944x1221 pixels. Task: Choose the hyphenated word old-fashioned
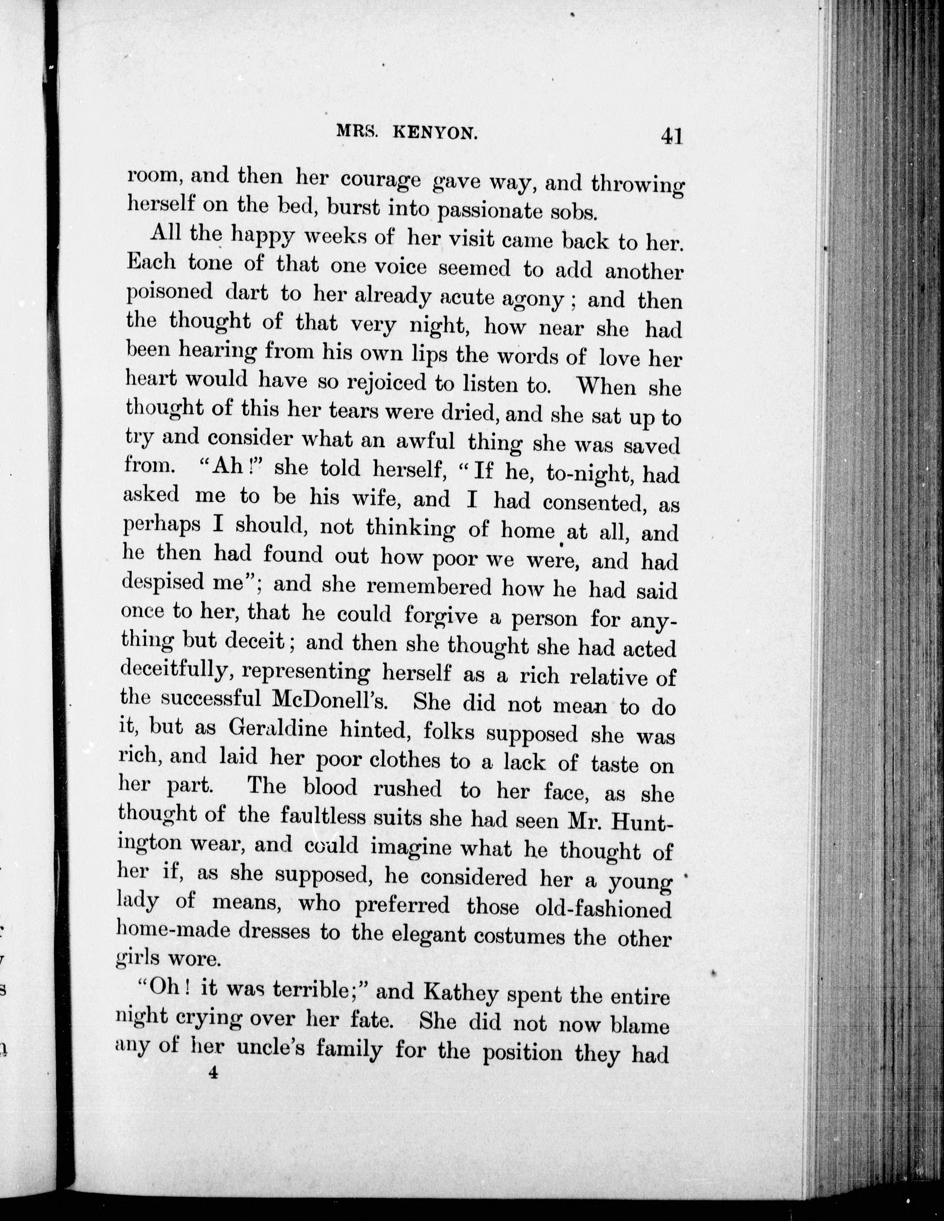click(603, 908)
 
